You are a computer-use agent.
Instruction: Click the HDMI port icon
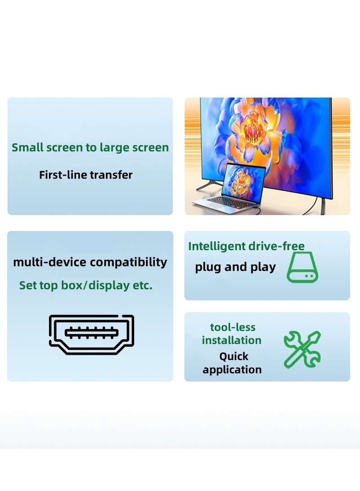tap(91, 334)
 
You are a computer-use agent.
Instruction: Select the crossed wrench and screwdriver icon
tap(302, 349)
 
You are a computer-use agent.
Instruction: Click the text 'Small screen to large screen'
tap(90, 148)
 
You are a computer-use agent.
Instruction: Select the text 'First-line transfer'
tap(85, 175)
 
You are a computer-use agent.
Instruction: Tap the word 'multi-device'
tap(49, 262)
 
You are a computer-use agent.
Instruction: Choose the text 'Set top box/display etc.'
tap(85, 285)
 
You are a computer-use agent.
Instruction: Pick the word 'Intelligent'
tap(216, 246)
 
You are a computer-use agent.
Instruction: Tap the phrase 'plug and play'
tap(235, 267)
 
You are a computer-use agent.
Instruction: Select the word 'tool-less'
tap(233, 327)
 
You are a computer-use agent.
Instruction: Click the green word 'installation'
tap(231, 340)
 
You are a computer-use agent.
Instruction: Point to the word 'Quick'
tap(234, 356)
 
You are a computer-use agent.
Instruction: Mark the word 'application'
tap(232, 369)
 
